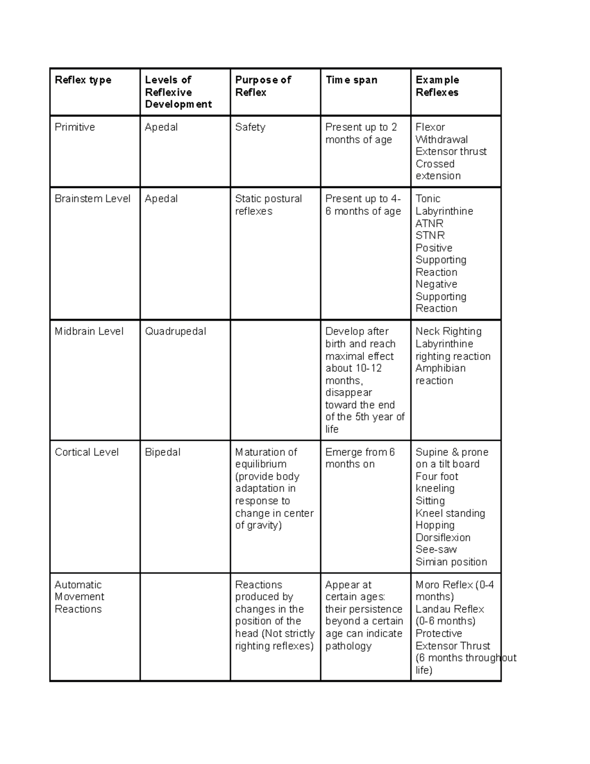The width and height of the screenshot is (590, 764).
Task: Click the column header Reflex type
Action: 83,80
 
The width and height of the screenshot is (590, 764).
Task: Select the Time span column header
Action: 351,80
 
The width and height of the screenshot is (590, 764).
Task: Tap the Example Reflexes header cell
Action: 437,86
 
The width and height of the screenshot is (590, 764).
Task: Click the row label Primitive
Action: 75,127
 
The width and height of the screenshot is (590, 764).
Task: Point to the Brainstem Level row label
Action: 92,199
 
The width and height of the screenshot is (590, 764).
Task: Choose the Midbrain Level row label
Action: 89,332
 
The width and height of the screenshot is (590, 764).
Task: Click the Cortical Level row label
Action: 87,452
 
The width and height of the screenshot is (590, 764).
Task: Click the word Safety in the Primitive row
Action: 250,127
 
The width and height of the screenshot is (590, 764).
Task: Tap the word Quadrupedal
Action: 176,332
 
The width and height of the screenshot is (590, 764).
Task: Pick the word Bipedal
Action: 163,452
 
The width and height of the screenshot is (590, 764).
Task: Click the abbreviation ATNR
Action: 429,223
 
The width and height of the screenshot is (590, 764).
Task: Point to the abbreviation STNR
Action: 430,236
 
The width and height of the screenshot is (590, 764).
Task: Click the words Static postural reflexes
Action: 268,205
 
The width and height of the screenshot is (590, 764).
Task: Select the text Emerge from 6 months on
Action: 360,458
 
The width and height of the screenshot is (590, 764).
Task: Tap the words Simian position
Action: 451,562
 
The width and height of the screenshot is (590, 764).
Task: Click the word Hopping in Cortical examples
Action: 435,525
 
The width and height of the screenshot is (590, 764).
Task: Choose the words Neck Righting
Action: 448,332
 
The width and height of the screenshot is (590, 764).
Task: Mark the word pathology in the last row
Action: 348,646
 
